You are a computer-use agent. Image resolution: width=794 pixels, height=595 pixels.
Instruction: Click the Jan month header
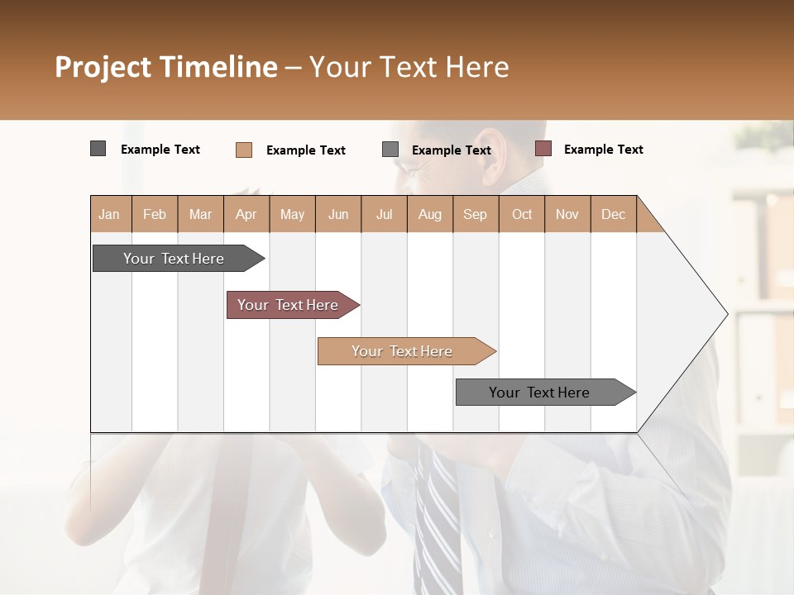[x=109, y=214]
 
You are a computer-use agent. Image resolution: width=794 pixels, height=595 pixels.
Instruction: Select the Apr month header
[x=246, y=214]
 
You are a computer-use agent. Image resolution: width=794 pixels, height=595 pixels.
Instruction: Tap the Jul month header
[x=384, y=214]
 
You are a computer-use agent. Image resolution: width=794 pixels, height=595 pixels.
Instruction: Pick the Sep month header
[x=475, y=214]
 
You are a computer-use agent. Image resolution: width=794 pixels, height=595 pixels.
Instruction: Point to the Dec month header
[x=613, y=214]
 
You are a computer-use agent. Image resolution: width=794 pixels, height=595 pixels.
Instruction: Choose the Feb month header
[x=155, y=214]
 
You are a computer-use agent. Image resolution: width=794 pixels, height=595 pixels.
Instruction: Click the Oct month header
[x=522, y=214]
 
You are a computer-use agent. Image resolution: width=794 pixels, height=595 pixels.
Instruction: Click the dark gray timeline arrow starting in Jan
[x=174, y=259]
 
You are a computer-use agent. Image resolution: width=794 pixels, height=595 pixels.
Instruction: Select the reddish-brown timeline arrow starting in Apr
[x=288, y=305]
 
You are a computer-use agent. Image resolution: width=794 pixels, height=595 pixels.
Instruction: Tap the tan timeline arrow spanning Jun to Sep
[x=402, y=351]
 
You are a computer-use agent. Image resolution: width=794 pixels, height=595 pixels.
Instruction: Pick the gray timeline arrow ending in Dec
[x=539, y=393]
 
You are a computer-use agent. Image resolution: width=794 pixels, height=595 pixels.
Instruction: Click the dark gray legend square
[x=98, y=149]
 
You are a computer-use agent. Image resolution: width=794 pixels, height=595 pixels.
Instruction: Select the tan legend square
[x=243, y=150]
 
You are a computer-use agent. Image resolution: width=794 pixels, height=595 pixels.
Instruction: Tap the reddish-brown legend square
[x=543, y=149]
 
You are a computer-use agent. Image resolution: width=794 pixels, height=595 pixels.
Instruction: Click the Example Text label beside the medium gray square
[x=451, y=150]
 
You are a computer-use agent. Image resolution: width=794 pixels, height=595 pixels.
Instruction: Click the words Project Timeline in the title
[x=165, y=67]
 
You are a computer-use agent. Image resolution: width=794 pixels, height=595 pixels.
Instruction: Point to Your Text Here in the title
[x=409, y=67]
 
